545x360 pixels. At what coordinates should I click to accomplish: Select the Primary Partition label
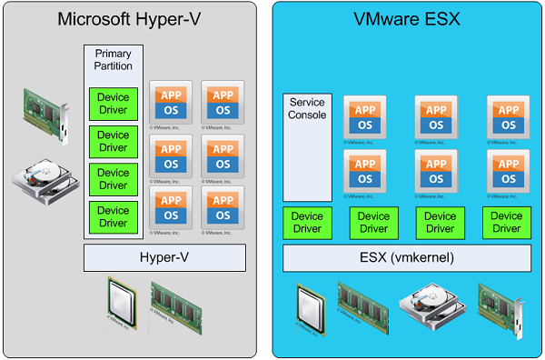[x=114, y=60]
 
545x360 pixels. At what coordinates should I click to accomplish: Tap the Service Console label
[x=307, y=109]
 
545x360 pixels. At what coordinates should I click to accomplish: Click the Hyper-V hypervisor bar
[x=165, y=258]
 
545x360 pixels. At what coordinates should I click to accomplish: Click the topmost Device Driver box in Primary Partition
[x=114, y=103]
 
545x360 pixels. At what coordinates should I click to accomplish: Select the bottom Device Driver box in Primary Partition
[x=114, y=216]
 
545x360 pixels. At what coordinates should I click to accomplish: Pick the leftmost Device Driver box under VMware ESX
[x=307, y=223]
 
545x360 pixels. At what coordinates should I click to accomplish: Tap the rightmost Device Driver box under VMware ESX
[x=506, y=223]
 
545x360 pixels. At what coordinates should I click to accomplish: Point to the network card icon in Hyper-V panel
[x=45, y=106]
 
